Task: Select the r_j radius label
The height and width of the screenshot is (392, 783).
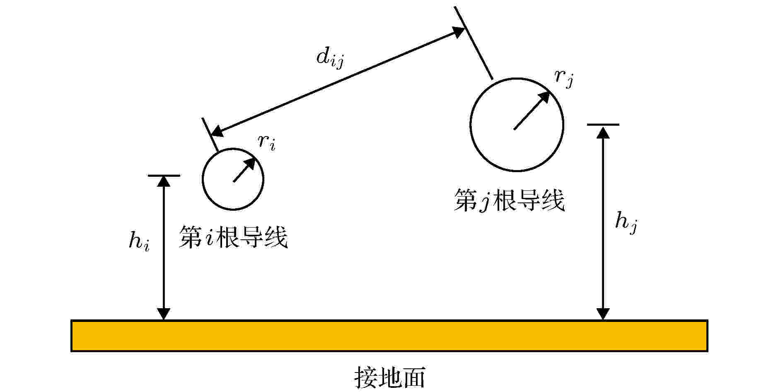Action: click(x=564, y=79)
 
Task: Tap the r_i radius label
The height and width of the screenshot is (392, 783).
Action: click(x=266, y=142)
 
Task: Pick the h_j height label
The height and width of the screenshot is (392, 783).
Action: click(x=626, y=222)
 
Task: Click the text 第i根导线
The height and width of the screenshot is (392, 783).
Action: click(x=233, y=237)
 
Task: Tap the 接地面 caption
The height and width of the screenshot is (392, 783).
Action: click(x=390, y=377)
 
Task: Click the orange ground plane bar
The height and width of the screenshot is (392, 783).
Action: click(x=389, y=336)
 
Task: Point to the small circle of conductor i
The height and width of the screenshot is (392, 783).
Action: click(x=202, y=179)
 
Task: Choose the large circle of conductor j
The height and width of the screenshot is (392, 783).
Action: click(x=471, y=124)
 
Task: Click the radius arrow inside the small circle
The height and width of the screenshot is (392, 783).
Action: click(x=244, y=170)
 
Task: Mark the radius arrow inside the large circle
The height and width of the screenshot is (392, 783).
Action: click(x=532, y=110)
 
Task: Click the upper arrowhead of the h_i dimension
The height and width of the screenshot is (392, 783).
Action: click(x=164, y=181)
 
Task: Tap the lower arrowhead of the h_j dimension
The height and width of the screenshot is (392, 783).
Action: click(x=603, y=314)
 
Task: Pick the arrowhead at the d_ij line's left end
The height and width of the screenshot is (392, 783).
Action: click(x=217, y=131)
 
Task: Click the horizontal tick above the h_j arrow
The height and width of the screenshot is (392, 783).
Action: click(x=603, y=124)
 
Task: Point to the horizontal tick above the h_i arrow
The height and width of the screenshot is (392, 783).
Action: click(x=164, y=175)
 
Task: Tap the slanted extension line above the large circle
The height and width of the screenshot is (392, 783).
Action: click(x=474, y=43)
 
